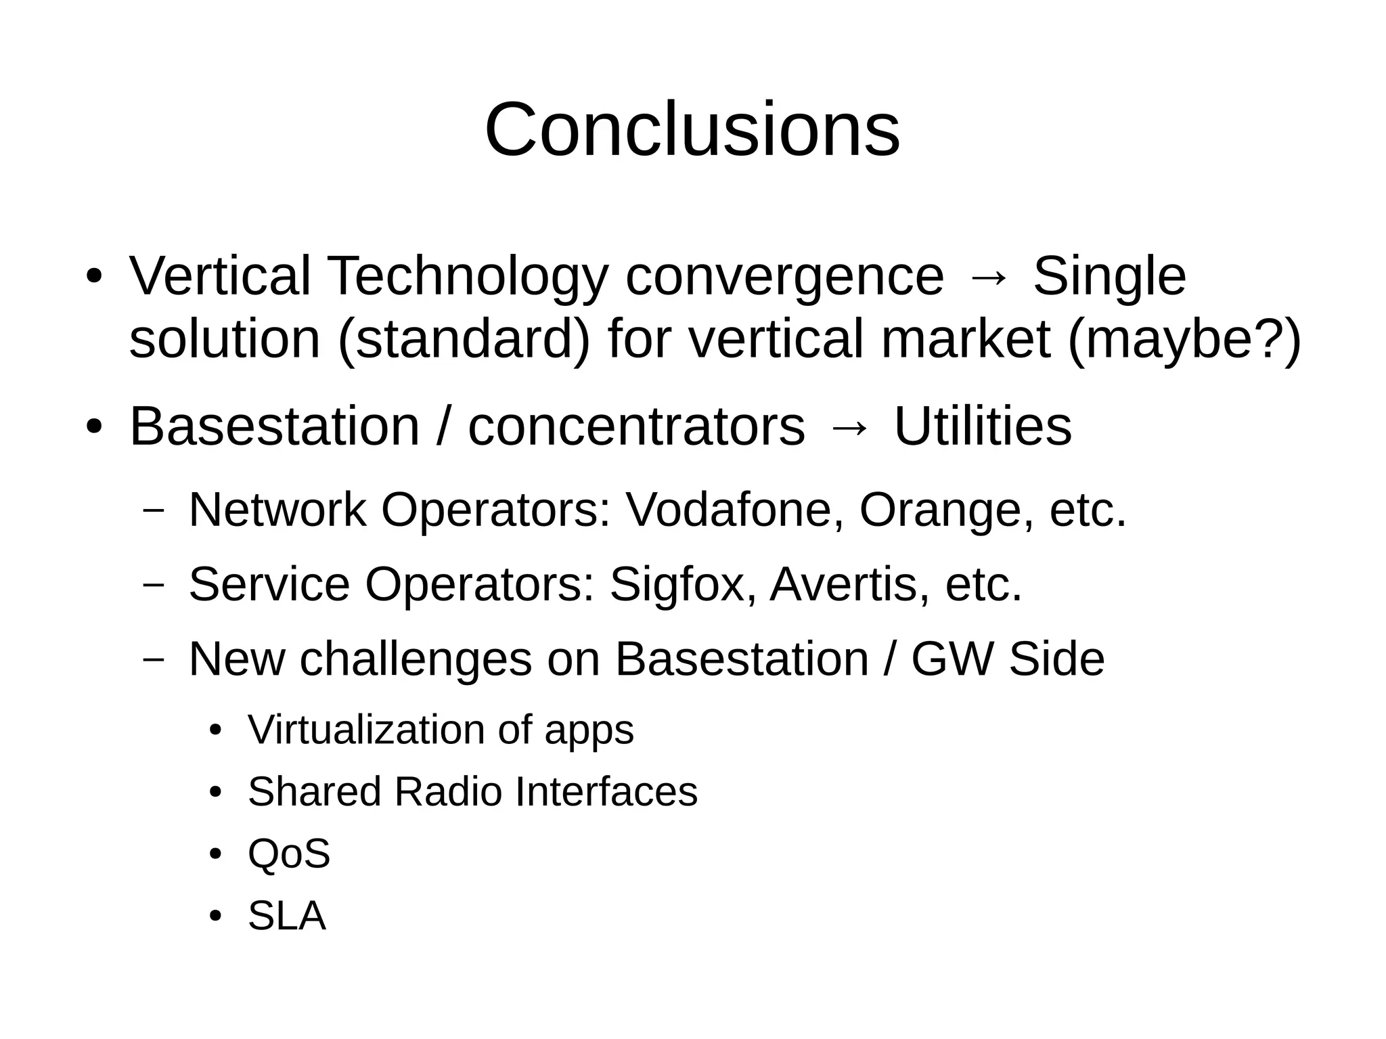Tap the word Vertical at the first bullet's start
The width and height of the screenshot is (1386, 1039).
219,276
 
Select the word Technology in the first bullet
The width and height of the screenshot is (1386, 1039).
468,276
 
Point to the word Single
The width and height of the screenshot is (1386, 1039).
1109,276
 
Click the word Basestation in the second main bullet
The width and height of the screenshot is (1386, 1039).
274,426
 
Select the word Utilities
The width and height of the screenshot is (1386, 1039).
983,426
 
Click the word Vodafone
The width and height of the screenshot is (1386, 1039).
735,509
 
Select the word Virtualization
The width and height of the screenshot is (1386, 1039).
366,730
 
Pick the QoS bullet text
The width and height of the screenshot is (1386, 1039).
289,854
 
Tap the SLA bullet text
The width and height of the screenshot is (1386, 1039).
287,916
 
